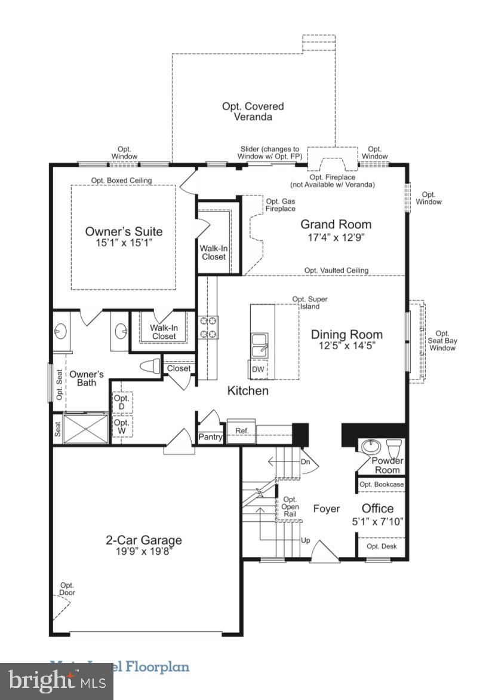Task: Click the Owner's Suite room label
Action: click(124, 231)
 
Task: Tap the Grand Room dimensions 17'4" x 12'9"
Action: click(336, 237)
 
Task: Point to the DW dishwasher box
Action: click(258, 369)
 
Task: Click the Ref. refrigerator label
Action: click(241, 430)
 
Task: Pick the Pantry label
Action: click(211, 437)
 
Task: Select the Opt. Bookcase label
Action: click(381, 484)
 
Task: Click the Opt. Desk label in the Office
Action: click(381, 546)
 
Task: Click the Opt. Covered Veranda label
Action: click(253, 112)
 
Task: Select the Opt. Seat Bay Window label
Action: click(442, 341)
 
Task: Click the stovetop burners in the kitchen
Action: click(208, 328)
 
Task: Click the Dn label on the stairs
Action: click(306, 461)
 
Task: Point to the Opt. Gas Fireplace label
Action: click(281, 205)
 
